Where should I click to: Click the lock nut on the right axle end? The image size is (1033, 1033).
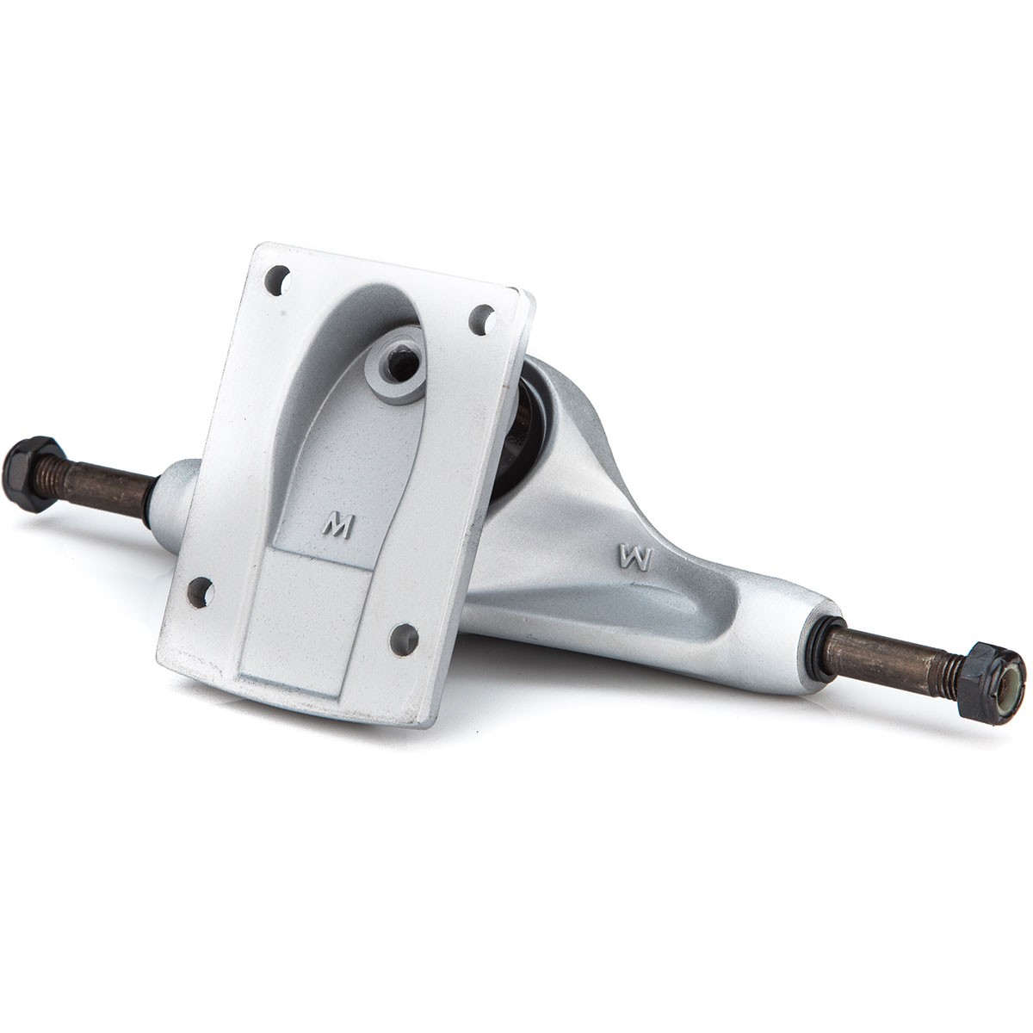coord(990,683)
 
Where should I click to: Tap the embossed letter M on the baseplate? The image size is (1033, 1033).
coord(338,528)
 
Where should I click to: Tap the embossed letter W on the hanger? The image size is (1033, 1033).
coord(635,558)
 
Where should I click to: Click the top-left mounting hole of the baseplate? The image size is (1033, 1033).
coord(278,280)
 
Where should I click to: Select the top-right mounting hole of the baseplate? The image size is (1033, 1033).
coord(482,319)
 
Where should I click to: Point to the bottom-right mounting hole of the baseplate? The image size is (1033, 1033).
coord(404,639)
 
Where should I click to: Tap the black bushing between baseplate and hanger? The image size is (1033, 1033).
coord(520,429)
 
